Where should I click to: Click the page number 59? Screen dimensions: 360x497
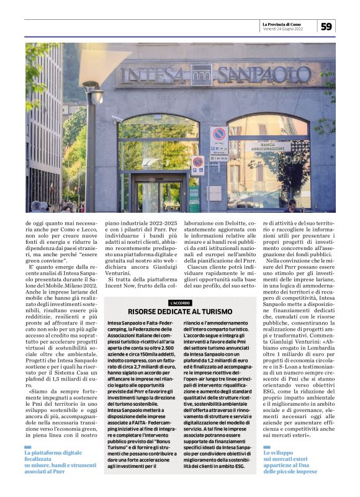click(326, 26)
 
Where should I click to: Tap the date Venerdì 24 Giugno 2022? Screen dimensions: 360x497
click(283, 29)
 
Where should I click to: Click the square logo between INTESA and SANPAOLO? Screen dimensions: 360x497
click(201, 75)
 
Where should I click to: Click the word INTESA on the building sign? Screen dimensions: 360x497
click(155, 75)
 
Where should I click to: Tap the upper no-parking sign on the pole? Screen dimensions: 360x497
click(218, 134)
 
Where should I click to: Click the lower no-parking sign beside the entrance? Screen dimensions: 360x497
click(197, 163)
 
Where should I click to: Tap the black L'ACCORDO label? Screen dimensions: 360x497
click(179, 302)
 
